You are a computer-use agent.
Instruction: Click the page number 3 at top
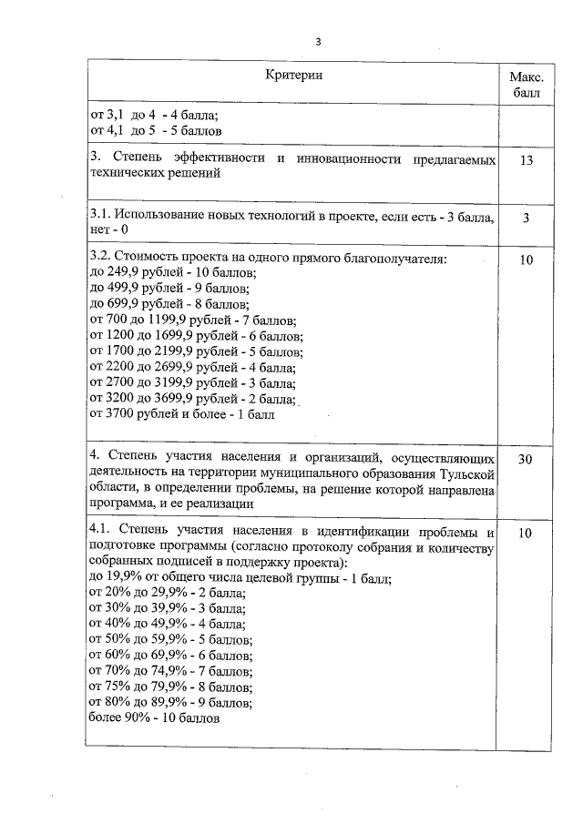tap(318, 41)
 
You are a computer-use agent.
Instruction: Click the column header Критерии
tap(294, 75)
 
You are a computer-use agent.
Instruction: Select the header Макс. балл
tap(526, 84)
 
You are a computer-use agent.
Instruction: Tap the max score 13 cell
tap(526, 161)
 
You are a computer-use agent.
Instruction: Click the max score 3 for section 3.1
tap(526, 219)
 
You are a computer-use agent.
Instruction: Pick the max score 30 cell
tap(526, 460)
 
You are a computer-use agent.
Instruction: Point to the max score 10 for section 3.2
tap(526, 261)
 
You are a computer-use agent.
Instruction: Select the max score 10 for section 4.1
tap(526, 534)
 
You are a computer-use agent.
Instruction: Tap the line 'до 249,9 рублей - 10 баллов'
tap(172, 274)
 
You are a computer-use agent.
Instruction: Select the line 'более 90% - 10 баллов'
tap(154, 717)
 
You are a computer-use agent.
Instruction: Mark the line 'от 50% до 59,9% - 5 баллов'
tap(169, 640)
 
